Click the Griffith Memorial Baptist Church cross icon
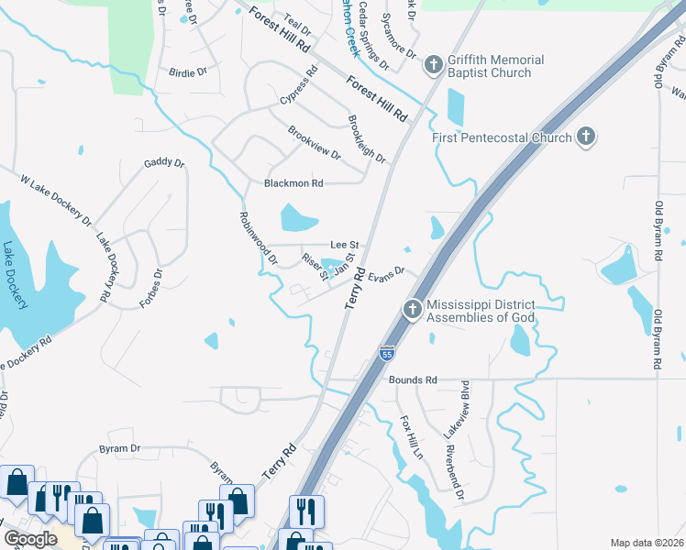pos(433,66)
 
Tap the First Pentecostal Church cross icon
pos(584,138)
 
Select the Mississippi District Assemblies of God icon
pos(412,310)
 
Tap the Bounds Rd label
pos(415,379)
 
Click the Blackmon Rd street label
pos(293,183)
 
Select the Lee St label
pos(343,245)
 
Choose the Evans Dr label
pos(387,273)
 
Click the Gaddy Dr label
pos(164,164)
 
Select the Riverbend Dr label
pos(455,473)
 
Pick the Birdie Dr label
pos(188,71)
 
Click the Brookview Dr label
pos(314,143)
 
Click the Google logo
pos(29,538)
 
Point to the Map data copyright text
pos(646,543)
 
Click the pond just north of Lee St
pos(297,218)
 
